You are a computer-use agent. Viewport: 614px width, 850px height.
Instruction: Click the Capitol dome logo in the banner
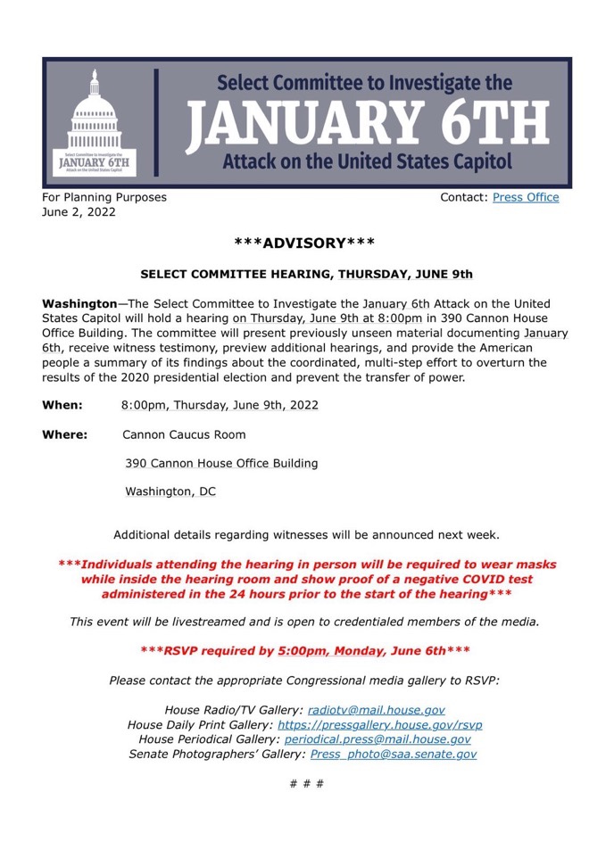[x=94, y=120]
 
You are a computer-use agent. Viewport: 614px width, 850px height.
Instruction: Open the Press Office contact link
[x=526, y=197]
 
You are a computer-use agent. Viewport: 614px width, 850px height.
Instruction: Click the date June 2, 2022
[x=79, y=213]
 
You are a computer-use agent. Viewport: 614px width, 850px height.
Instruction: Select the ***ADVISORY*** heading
[x=303, y=243]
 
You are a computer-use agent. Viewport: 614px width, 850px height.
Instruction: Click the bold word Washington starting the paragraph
[x=79, y=304]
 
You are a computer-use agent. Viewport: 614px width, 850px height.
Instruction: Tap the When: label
[x=62, y=405]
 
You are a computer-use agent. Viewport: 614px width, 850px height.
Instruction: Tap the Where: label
[x=65, y=435]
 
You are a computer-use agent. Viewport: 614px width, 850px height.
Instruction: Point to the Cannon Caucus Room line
[x=184, y=435]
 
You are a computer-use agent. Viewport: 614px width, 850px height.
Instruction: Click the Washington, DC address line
[x=170, y=491]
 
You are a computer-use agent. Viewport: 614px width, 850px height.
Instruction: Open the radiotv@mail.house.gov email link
[x=376, y=710]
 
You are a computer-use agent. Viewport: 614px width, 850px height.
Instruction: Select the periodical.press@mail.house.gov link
[x=378, y=739]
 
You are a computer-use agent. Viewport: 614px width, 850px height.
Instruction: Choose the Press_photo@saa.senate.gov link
[x=393, y=755]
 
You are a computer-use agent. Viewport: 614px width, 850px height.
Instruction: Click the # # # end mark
[x=307, y=784]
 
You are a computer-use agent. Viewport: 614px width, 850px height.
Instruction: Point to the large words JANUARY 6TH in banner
[x=368, y=123]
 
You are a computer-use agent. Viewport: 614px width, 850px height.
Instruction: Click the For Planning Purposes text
[x=104, y=197]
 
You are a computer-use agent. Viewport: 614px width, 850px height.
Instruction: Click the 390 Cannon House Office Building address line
[x=221, y=464]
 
